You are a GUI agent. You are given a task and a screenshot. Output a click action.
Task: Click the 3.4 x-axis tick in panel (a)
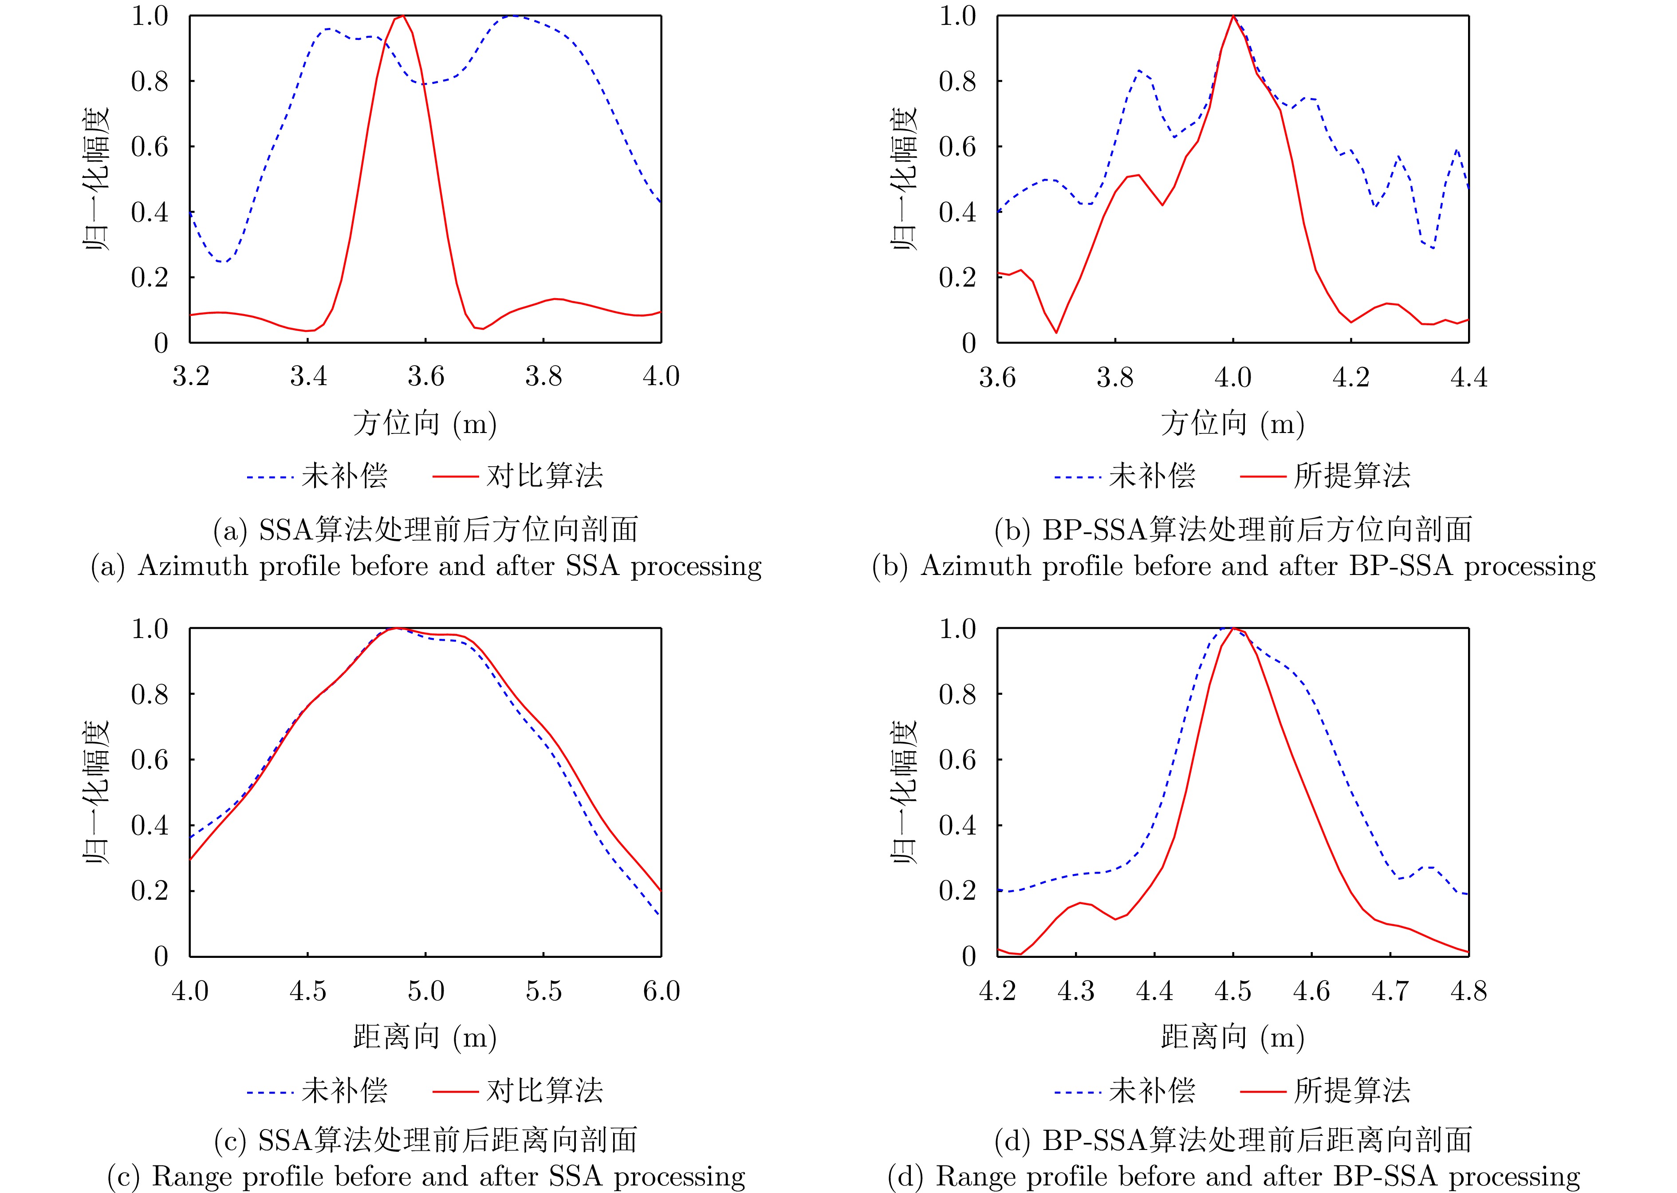coord(308,377)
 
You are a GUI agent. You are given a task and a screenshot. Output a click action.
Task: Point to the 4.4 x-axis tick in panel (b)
coord(1468,378)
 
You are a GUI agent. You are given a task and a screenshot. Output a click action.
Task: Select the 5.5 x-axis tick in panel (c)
coord(543,991)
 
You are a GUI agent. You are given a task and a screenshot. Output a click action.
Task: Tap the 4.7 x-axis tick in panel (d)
coord(1390,991)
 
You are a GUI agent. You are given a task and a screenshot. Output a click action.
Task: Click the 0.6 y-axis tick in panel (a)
coord(150,147)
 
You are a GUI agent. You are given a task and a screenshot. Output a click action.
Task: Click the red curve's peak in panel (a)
coord(402,16)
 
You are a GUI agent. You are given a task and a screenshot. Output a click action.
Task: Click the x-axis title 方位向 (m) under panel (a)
coord(425,424)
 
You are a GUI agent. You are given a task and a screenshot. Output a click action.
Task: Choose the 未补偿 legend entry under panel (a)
coord(344,476)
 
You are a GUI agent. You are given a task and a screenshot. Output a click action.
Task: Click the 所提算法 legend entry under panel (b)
coord(1352,476)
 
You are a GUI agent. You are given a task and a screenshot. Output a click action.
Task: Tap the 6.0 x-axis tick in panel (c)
coord(661,991)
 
